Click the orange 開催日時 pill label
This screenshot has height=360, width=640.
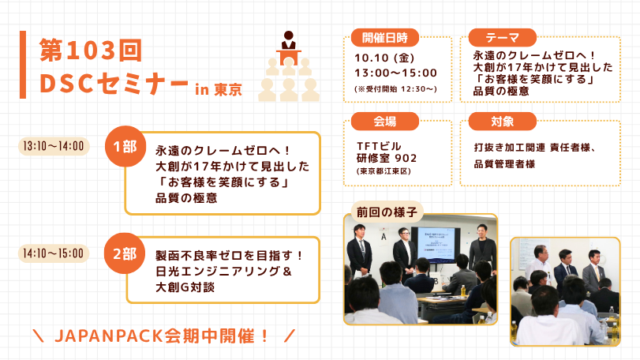click(384, 38)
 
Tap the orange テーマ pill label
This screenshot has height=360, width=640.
click(502, 38)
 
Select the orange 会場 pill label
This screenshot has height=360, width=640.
click(384, 122)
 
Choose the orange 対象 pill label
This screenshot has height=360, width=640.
click(502, 122)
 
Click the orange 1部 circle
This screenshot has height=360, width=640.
click(125, 146)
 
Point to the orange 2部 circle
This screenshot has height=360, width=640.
click(125, 253)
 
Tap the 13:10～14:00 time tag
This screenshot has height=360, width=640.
click(54, 146)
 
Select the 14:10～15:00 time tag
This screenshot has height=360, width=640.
click(54, 253)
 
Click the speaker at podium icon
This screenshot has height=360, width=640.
click(289, 66)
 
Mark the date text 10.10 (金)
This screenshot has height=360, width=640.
click(384, 58)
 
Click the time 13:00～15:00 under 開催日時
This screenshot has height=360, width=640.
click(396, 73)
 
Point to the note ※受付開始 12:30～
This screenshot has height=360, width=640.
click(396, 89)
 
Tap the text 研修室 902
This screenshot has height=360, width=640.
click(387, 158)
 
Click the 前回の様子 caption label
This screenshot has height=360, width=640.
click(387, 212)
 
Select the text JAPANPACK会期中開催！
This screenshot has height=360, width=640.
click(162, 336)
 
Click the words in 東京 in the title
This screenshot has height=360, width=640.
click(219, 89)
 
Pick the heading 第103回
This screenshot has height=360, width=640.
click(91, 51)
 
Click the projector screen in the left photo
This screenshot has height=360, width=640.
click(436, 244)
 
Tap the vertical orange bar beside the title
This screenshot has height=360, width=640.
click(23, 65)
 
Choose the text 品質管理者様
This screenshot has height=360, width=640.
click(504, 164)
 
